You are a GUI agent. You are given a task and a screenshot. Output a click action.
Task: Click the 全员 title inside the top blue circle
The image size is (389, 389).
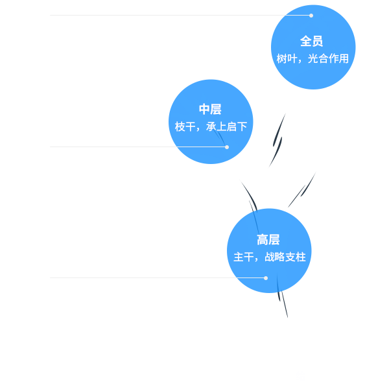click(x=312, y=41)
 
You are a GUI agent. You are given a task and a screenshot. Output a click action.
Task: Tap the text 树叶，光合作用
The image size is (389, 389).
click(x=312, y=58)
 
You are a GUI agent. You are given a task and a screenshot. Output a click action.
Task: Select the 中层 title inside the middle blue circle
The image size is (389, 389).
click(x=210, y=110)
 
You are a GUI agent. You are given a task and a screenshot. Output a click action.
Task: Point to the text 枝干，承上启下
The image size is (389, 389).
click(x=211, y=126)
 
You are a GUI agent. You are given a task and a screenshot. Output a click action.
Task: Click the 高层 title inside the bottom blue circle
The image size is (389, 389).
click(x=268, y=240)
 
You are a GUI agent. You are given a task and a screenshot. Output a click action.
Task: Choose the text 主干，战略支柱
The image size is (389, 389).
click(x=269, y=257)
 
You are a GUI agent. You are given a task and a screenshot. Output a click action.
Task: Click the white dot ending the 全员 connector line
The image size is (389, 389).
click(x=311, y=15)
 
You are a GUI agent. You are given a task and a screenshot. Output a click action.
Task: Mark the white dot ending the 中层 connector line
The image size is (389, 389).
click(x=227, y=147)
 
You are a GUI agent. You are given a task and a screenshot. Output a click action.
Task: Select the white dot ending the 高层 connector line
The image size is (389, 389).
click(x=266, y=278)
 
